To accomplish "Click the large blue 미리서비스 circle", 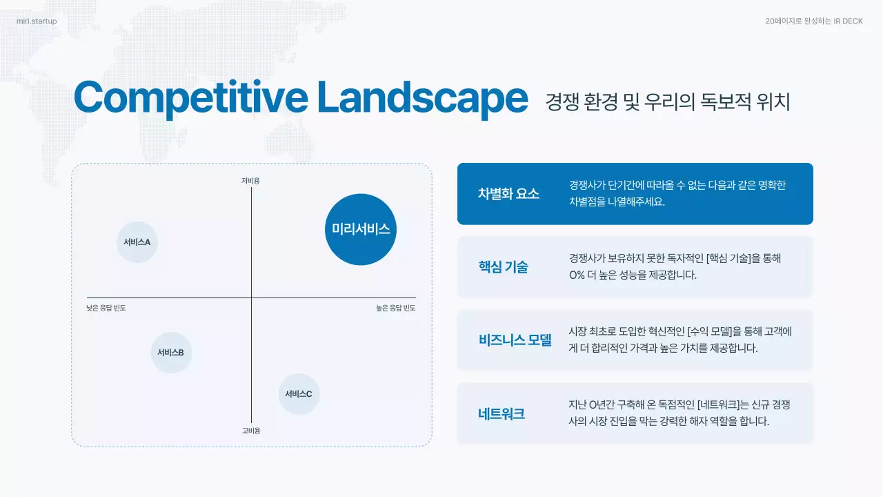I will click(x=360, y=229).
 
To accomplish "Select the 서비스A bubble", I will click(x=137, y=242).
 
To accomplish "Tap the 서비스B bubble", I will click(x=170, y=353).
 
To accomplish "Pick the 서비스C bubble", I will click(x=299, y=394).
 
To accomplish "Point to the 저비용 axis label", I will click(x=250, y=181).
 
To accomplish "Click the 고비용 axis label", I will click(x=251, y=431).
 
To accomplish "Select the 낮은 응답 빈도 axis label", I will click(x=106, y=309).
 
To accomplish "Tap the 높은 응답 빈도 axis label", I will click(x=390, y=309).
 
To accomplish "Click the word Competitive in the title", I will click(x=190, y=98).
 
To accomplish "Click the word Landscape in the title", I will click(x=422, y=98).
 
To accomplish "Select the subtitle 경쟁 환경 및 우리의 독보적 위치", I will click(x=667, y=102).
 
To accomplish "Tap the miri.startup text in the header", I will click(x=37, y=21).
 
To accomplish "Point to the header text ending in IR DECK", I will click(x=813, y=21).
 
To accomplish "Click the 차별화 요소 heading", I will click(x=508, y=194).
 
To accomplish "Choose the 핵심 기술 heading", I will click(x=503, y=267).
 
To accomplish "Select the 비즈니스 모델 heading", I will click(x=515, y=340).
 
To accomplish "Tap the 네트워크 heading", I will click(x=502, y=414).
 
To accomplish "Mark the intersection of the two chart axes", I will click(x=251, y=298).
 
